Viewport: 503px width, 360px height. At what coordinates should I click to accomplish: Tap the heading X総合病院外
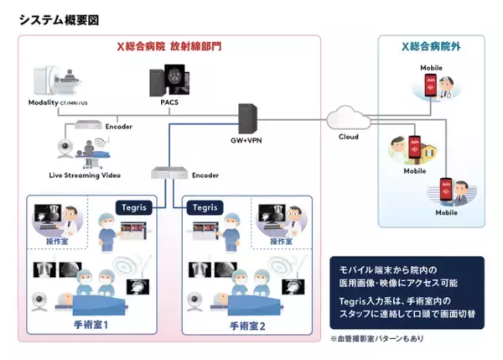point(432,45)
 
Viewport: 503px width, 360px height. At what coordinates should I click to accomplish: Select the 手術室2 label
point(247,326)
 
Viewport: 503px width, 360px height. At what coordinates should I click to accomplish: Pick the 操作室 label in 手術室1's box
point(45,242)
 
